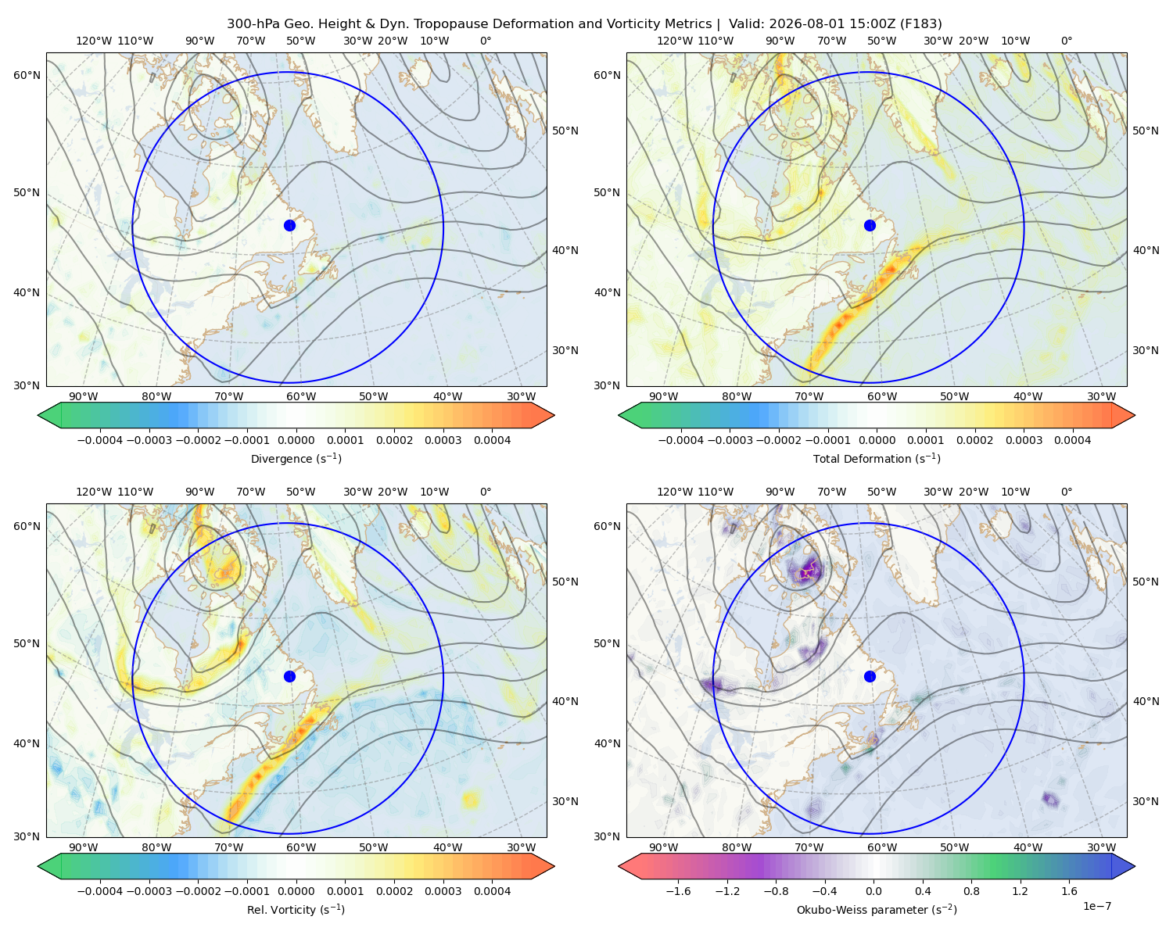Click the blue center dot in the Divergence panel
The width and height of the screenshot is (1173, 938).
(289, 225)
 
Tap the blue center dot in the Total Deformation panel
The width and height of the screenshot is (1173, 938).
(870, 225)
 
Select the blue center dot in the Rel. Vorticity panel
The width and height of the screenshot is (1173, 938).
(289, 676)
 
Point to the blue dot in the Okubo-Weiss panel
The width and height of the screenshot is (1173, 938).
(870, 676)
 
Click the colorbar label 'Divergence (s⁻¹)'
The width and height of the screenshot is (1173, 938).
(296, 458)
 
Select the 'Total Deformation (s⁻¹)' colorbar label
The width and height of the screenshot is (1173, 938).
(877, 458)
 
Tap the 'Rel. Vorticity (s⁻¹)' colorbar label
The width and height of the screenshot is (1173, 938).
(296, 909)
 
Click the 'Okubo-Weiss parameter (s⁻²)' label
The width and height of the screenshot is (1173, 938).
(877, 909)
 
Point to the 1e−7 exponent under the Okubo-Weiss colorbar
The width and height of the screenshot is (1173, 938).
(1096, 906)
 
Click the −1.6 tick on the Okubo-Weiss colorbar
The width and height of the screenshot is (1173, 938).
(678, 890)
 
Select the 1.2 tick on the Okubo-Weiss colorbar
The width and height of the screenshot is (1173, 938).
(1020, 890)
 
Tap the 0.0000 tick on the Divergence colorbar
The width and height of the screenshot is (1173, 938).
(296, 440)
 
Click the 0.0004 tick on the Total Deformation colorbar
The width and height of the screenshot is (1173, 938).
(1072, 440)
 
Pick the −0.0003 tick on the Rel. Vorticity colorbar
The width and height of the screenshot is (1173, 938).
(149, 890)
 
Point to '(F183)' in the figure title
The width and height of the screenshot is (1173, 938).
(921, 24)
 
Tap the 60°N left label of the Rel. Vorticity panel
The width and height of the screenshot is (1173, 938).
(27, 526)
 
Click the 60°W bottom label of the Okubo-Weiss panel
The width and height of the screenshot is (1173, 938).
(881, 847)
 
